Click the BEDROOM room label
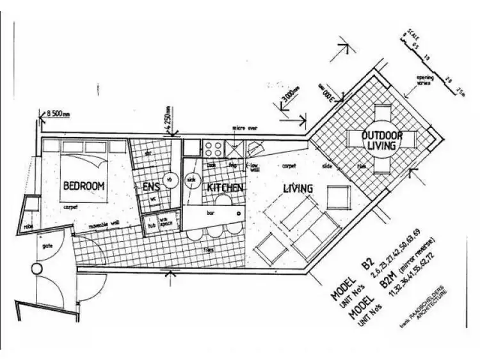pos(83,186)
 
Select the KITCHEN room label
pos(224,188)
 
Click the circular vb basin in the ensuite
pos(170,180)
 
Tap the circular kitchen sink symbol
pos(191,180)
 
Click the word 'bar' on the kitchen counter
pos(209,210)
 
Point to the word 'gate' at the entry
pos(47,245)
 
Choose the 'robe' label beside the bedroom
pos(29,225)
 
